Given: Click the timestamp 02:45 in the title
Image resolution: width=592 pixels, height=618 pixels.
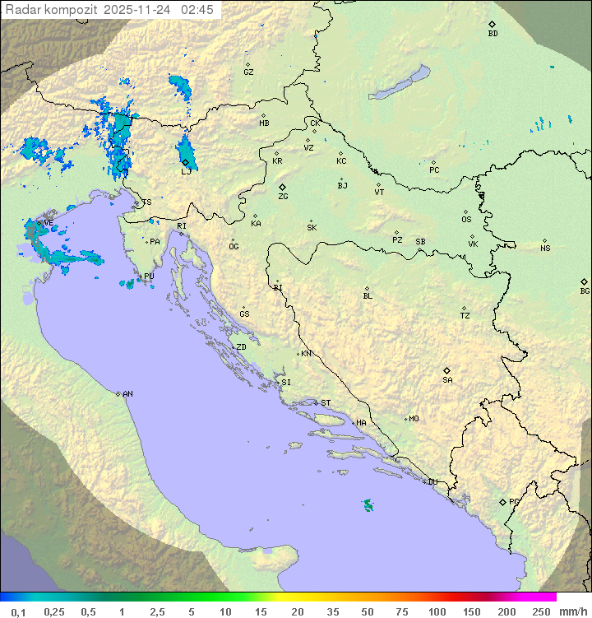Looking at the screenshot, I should click(x=198, y=10).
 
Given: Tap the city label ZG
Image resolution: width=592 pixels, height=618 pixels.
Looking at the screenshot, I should click(x=283, y=197).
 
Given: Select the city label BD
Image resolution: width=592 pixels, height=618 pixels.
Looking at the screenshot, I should click(x=493, y=34).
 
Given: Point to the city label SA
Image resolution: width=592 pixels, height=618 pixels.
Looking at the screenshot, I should click(x=447, y=379).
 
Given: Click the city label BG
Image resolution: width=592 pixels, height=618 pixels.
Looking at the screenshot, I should click(x=585, y=290).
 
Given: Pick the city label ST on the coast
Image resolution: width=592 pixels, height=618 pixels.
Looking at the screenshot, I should click(x=326, y=402).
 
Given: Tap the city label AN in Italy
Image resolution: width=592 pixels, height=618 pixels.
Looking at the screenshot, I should click(x=127, y=394).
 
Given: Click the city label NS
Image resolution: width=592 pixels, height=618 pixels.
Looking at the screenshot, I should click(x=545, y=249).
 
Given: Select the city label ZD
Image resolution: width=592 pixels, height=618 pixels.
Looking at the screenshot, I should click(x=241, y=347).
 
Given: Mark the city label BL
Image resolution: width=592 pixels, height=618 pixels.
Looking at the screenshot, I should click(x=368, y=295).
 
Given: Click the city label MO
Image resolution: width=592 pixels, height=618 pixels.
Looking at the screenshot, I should click(x=414, y=418).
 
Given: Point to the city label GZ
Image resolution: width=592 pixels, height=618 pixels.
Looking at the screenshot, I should click(x=248, y=72).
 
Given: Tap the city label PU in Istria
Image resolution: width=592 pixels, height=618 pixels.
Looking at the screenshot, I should click(x=149, y=276).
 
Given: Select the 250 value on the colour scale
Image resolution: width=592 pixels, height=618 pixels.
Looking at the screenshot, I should click(x=540, y=611).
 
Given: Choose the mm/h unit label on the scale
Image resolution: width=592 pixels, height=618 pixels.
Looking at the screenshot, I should click(x=571, y=611).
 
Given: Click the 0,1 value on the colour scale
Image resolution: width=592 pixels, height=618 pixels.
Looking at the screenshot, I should click(x=18, y=611).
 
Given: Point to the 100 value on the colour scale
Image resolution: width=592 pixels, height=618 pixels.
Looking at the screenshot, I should click(x=436, y=611).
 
